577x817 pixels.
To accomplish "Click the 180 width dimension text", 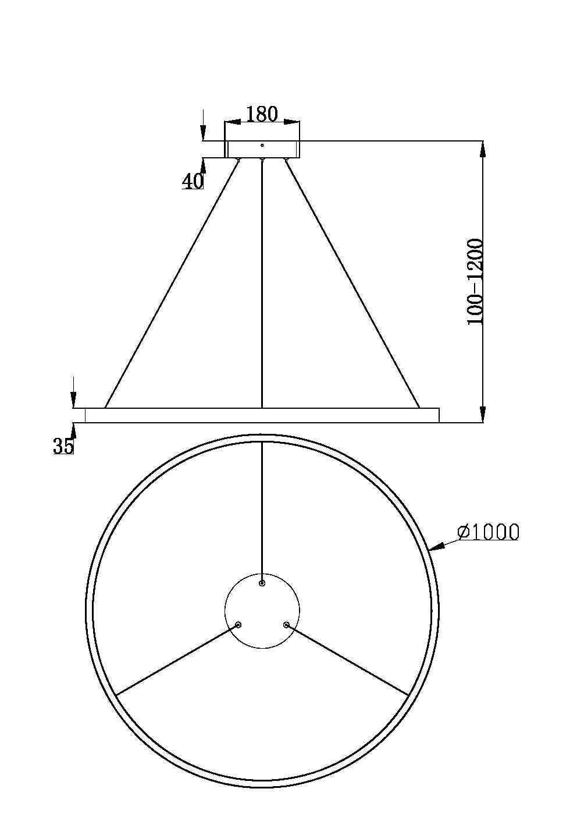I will click(262, 114).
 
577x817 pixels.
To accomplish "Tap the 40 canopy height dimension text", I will click(193, 182).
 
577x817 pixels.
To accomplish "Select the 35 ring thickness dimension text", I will click(63, 446).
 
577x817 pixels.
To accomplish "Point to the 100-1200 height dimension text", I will click(475, 282).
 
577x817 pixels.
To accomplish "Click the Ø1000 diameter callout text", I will click(487, 532).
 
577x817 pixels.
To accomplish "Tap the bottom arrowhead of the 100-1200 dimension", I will click(482, 414).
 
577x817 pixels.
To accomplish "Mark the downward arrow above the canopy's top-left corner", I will click(203, 132).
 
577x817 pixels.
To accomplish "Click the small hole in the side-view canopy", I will click(262, 145).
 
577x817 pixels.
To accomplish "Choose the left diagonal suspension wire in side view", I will click(172, 284).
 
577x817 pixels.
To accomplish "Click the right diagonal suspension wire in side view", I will click(352, 284).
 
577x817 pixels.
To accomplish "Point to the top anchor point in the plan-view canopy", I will click(262, 583).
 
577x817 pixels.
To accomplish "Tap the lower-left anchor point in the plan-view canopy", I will click(238, 625).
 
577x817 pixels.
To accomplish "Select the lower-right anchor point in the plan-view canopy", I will click(286, 625).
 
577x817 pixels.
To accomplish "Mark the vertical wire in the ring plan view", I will click(262, 512).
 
